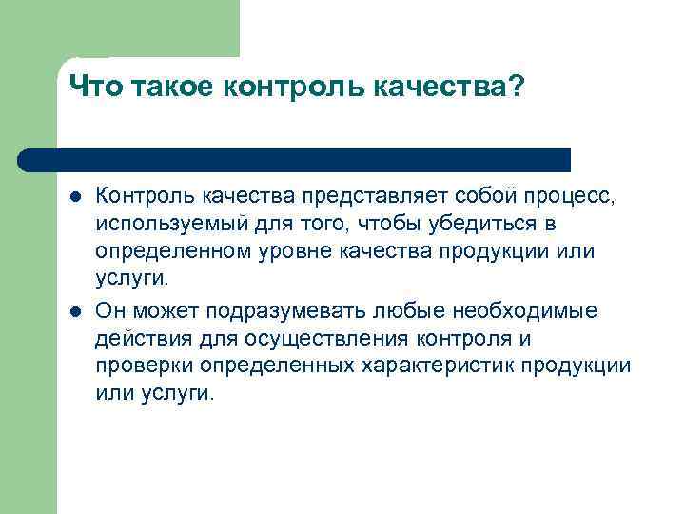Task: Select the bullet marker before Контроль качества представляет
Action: [75, 196]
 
